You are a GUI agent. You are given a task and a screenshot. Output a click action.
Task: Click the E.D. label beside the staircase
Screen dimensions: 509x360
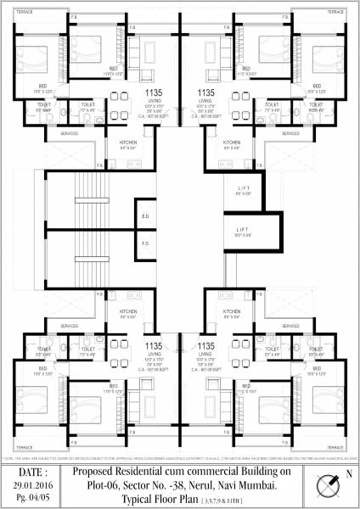145,216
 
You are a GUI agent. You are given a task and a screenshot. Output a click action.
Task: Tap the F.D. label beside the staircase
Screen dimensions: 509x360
145,243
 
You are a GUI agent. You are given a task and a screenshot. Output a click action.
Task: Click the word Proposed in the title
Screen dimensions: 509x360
94,471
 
